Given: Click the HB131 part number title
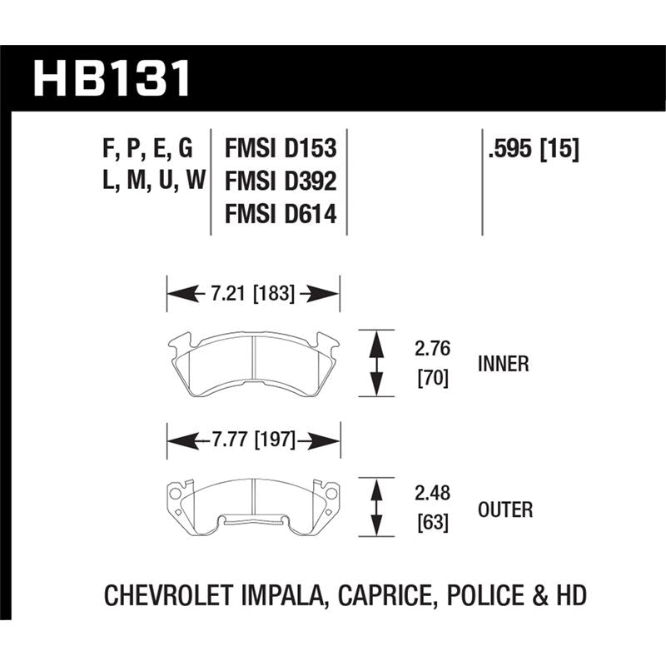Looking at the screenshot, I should click(112, 78).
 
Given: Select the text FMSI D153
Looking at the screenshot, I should click(280, 149).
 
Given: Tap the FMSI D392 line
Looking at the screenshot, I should click(280, 181).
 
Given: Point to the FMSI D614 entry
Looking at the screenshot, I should click(280, 215).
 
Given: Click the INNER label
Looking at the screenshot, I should click(504, 364).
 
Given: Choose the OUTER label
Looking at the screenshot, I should click(505, 509).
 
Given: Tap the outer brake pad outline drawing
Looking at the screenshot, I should click(253, 504).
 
